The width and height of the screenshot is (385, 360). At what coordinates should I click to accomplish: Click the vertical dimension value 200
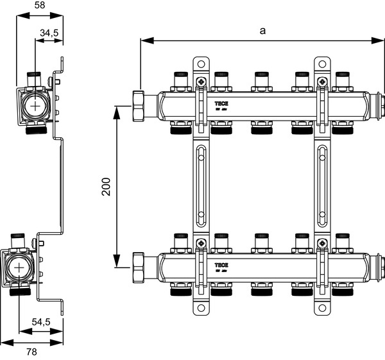pos(107,186)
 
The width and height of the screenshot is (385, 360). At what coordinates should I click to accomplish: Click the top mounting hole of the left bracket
pos(201,64)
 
